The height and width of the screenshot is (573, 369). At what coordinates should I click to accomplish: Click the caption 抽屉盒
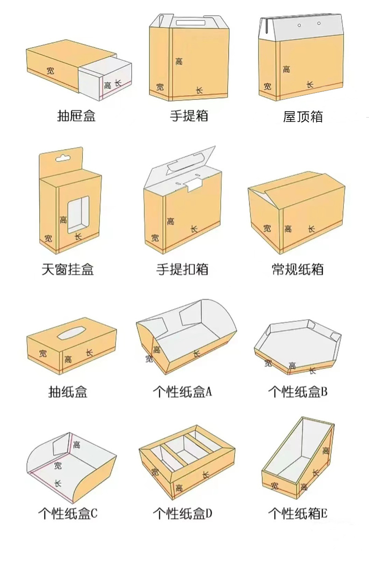pyautogui.click(x=76, y=116)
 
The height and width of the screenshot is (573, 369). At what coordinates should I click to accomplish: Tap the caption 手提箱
pyautogui.click(x=189, y=116)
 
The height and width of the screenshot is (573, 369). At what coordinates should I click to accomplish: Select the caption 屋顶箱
pyautogui.click(x=303, y=116)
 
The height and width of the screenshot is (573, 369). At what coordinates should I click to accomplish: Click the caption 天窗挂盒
pyautogui.click(x=68, y=269)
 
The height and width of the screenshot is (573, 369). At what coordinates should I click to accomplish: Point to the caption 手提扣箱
pyautogui.click(x=182, y=269)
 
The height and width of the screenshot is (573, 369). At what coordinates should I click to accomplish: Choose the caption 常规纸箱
pyautogui.click(x=298, y=269)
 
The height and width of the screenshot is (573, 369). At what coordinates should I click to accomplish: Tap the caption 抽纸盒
pyautogui.click(x=68, y=391)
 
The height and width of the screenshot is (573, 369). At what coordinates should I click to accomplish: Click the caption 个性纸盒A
pyautogui.click(x=183, y=391)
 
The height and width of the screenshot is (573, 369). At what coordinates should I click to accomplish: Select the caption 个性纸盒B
pyautogui.click(x=298, y=391)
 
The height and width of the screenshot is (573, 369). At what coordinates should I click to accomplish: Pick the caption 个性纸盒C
pyautogui.click(x=68, y=514)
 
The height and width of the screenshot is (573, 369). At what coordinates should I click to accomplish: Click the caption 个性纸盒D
pyautogui.click(x=183, y=514)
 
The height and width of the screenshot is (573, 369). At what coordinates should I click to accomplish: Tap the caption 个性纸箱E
pyautogui.click(x=298, y=514)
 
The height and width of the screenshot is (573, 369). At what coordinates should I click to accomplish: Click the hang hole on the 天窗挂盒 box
pyautogui.click(x=62, y=158)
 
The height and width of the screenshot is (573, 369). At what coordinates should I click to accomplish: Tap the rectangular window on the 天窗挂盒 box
pyautogui.click(x=78, y=214)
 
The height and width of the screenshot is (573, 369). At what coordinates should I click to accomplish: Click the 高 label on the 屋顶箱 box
pyautogui.click(x=286, y=69)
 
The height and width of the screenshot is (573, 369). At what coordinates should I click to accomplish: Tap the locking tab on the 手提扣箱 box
pyautogui.click(x=192, y=186)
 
